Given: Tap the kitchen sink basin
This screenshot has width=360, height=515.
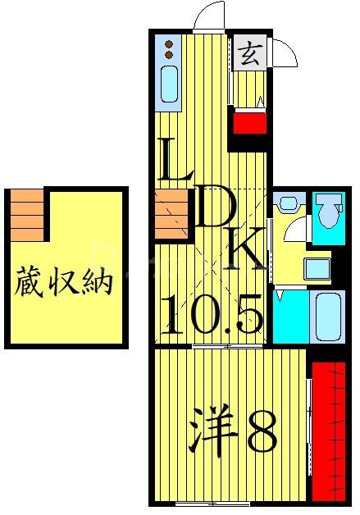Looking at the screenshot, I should tap(168, 84).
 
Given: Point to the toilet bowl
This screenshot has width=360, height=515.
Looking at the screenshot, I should tap(330, 212).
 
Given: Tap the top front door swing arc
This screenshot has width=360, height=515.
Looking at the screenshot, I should tap(209, 16).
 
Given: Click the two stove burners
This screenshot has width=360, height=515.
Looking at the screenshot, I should tap(168, 48).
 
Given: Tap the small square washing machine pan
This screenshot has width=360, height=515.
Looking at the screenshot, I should tap(317, 268).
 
